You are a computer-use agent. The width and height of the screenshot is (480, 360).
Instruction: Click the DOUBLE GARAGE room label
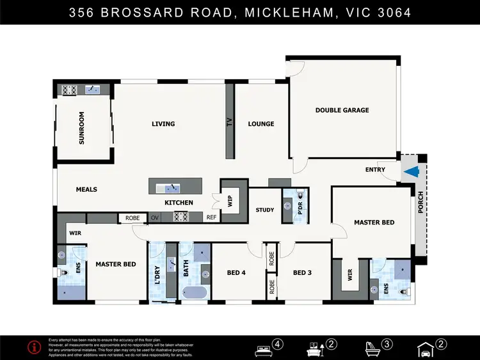[x=342, y=110]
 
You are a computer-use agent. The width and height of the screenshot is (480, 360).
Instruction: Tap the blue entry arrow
[x=412, y=171]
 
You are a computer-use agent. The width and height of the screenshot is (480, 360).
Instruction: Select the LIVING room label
[x=163, y=124]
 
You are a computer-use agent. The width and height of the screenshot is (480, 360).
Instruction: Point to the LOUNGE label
[x=261, y=124]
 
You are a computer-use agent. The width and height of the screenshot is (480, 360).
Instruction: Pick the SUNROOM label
[x=82, y=128]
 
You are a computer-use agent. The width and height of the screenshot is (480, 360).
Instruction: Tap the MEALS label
[x=86, y=189]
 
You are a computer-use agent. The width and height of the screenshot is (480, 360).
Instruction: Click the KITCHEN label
[x=179, y=203]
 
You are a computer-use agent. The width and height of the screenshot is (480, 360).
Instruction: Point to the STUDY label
[x=264, y=210]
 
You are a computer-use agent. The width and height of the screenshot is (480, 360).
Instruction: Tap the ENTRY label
[x=375, y=169]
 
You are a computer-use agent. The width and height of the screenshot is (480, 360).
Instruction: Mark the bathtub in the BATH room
[x=195, y=293]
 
